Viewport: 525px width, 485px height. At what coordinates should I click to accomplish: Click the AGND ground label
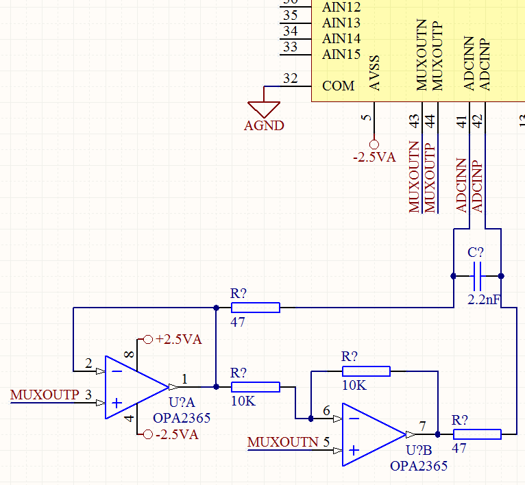[x=264, y=126]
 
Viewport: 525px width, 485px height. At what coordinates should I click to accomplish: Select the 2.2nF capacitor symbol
[x=477, y=276]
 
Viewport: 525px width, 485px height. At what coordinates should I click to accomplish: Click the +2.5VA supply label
[x=178, y=339]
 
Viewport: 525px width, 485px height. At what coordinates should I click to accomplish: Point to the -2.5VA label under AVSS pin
[x=374, y=157]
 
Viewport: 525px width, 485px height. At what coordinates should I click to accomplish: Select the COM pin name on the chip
[x=339, y=86]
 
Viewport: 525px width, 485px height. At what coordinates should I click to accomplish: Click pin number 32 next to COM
[x=290, y=79]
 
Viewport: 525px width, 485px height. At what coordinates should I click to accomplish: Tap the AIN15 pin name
[x=341, y=54]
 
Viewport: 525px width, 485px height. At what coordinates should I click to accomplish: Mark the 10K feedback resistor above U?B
[x=366, y=371]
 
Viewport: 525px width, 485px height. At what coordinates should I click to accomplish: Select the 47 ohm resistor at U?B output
[x=476, y=434]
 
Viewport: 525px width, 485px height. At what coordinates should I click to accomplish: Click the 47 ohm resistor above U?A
[x=255, y=308]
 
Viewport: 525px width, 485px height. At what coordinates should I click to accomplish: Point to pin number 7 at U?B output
[x=423, y=426]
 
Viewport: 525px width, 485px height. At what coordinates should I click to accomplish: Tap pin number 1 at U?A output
[x=184, y=379]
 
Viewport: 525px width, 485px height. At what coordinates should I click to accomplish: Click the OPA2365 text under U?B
[x=418, y=466]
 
